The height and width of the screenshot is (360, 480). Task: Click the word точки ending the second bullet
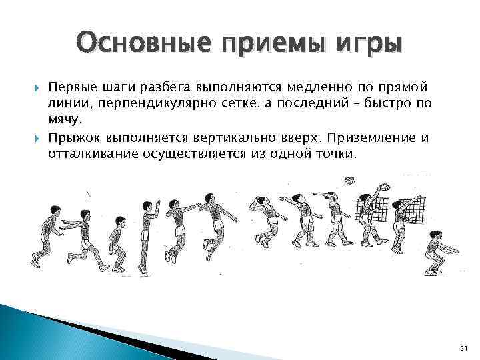pos(337,153)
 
